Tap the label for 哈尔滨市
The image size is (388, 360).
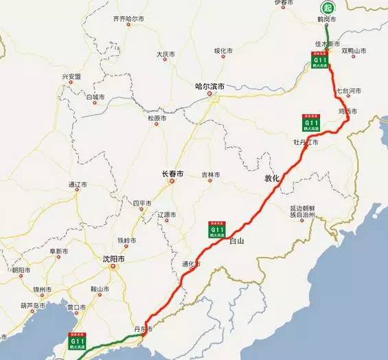(x=209, y=87)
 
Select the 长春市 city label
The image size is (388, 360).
(x=172, y=175)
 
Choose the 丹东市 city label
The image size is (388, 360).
(x=141, y=330)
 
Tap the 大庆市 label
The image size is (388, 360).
(x=166, y=54)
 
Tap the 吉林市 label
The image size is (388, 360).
(x=210, y=175)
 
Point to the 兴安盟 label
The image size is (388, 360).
(x=72, y=76)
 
